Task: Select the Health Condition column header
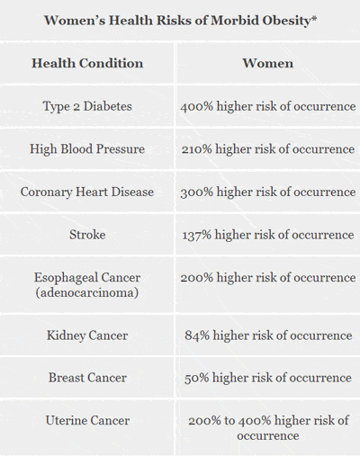(87, 64)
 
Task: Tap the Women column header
(267, 64)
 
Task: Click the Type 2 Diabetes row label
(87, 107)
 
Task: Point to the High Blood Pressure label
(87, 149)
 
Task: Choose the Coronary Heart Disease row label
(87, 192)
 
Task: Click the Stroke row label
(87, 235)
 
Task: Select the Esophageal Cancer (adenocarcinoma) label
(87, 285)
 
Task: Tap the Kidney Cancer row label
(87, 335)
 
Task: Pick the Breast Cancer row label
(87, 378)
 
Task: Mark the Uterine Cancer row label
(87, 420)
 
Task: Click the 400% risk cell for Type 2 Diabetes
(267, 107)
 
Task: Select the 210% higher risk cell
(267, 149)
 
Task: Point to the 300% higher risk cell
(267, 192)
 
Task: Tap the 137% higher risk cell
(267, 235)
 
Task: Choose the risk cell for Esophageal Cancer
(267, 278)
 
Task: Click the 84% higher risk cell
(267, 335)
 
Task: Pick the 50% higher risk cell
(267, 378)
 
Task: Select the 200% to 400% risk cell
(267, 427)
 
